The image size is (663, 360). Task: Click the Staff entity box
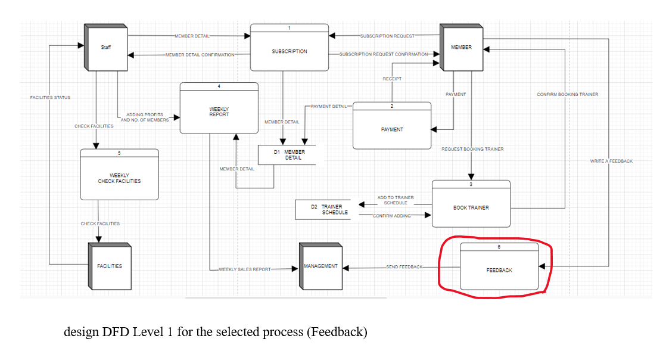(x=106, y=47)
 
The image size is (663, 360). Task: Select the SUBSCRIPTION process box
(x=290, y=51)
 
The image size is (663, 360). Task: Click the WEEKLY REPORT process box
(x=219, y=111)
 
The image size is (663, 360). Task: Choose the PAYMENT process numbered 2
(x=392, y=129)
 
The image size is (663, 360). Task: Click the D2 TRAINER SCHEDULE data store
(x=326, y=209)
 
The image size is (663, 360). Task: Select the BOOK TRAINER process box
(x=471, y=207)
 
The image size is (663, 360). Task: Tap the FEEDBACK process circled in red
(x=499, y=270)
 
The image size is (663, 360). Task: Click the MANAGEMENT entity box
(x=320, y=266)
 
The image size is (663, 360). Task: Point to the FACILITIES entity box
(x=110, y=266)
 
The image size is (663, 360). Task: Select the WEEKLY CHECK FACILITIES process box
(x=119, y=178)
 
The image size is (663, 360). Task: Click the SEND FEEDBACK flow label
(x=404, y=267)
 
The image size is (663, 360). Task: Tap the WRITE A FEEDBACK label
(x=611, y=161)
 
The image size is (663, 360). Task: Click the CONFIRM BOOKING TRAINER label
(x=567, y=94)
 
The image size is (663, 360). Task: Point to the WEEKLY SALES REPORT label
(x=245, y=269)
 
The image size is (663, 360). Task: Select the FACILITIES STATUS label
(x=50, y=97)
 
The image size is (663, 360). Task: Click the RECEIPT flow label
(x=392, y=79)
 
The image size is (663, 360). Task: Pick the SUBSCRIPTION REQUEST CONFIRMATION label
(x=384, y=54)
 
